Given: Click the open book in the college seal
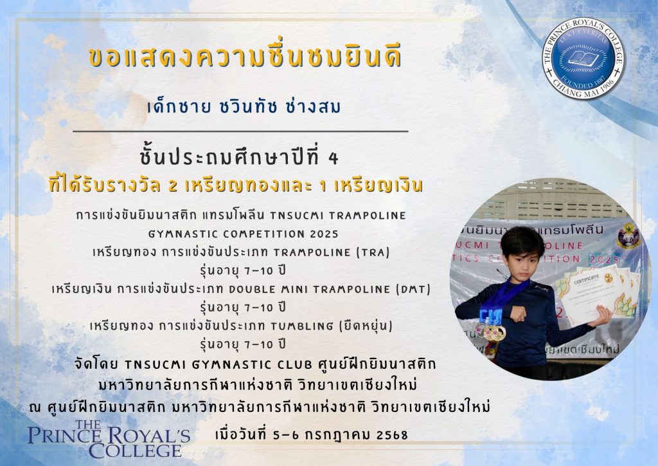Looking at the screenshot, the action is (x=583, y=58).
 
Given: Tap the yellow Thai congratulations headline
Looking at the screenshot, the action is (x=245, y=57).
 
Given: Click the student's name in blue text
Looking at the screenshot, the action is (x=244, y=107).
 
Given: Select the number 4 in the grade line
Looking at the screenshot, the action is (x=333, y=159).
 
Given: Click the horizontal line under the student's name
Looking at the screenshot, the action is (x=240, y=131).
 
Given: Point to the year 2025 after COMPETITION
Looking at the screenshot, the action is (x=323, y=234).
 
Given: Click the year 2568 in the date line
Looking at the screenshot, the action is (x=392, y=435).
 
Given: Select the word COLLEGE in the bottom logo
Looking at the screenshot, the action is (x=135, y=451).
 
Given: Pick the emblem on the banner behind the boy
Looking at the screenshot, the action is (x=628, y=237).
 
